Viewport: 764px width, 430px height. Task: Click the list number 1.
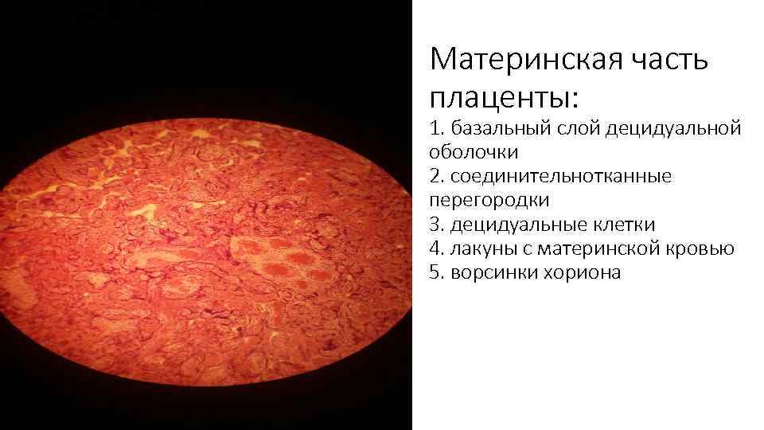pos(435,128)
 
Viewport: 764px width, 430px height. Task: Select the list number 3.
pos(435,225)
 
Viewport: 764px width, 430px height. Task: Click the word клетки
pos(626,225)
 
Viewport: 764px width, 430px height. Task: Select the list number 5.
pos(435,272)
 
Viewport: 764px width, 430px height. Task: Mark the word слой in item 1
pos(569,128)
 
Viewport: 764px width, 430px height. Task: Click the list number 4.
pos(435,248)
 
